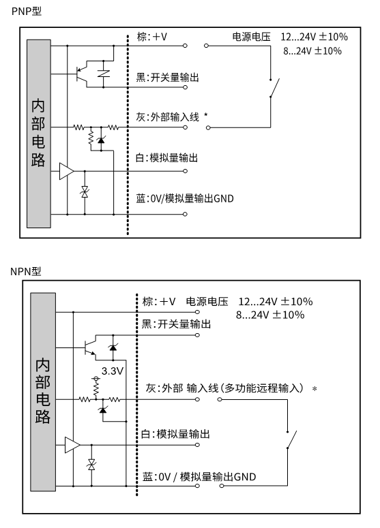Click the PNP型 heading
pos(27,11)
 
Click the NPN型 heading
pos(26,271)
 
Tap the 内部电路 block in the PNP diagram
pos(39,134)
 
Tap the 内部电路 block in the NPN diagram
pos(43,392)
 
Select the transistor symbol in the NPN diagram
pos(90,348)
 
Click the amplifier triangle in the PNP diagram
pos(66,171)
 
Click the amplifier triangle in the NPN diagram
pos(72,445)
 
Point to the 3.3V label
pos(113,371)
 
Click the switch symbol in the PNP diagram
pos(274,88)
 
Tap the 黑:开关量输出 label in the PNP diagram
pos(168,78)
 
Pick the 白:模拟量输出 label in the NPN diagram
pos(175,434)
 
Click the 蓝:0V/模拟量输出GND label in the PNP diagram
pos(185,198)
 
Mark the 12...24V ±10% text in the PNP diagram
pos(315,36)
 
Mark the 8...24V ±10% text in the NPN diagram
pos(270,315)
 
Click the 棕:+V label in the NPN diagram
pos(159,301)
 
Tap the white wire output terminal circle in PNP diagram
pos(185,171)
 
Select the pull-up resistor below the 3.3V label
pos(96,389)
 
